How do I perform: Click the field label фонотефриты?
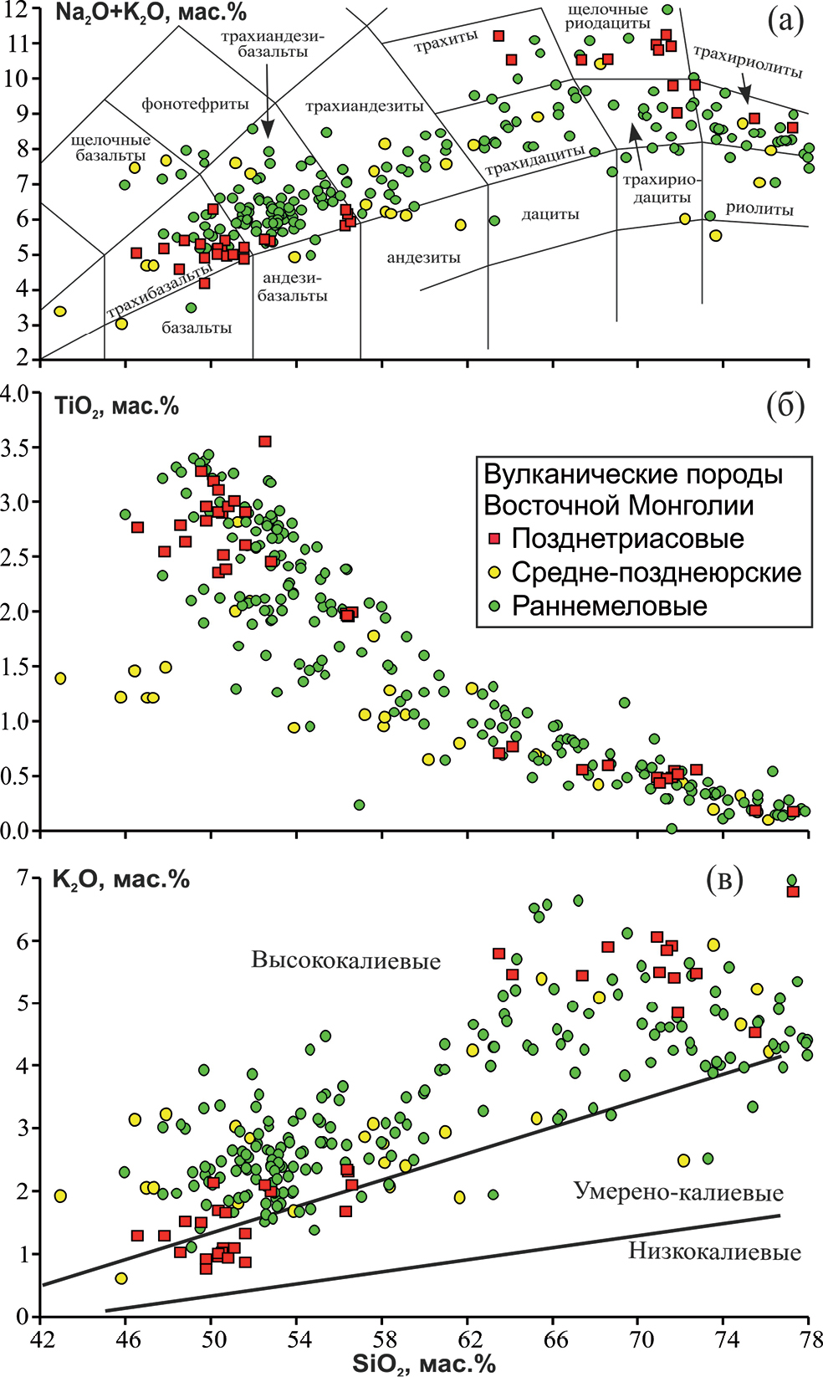pyautogui.click(x=195, y=105)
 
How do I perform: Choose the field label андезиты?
pyautogui.click(x=423, y=258)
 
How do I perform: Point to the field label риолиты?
pyautogui.click(x=759, y=209)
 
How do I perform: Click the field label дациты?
pyautogui.click(x=550, y=214)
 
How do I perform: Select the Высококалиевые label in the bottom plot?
pyautogui.click(x=345, y=960)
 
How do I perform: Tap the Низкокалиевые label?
pyautogui.click(x=714, y=1252)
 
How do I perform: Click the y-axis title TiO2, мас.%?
pyautogui.click(x=116, y=407)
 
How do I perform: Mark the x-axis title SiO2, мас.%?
pyautogui.click(x=424, y=1364)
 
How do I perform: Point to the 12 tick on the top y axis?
pyautogui.click(x=19, y=9)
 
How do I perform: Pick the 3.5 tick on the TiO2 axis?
pyautogui.click(x=18, y=448)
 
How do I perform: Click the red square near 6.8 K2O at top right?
pyautogui.click(x=793, y=892)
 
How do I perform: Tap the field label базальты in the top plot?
pyautogui.click(x=197, y=328)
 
